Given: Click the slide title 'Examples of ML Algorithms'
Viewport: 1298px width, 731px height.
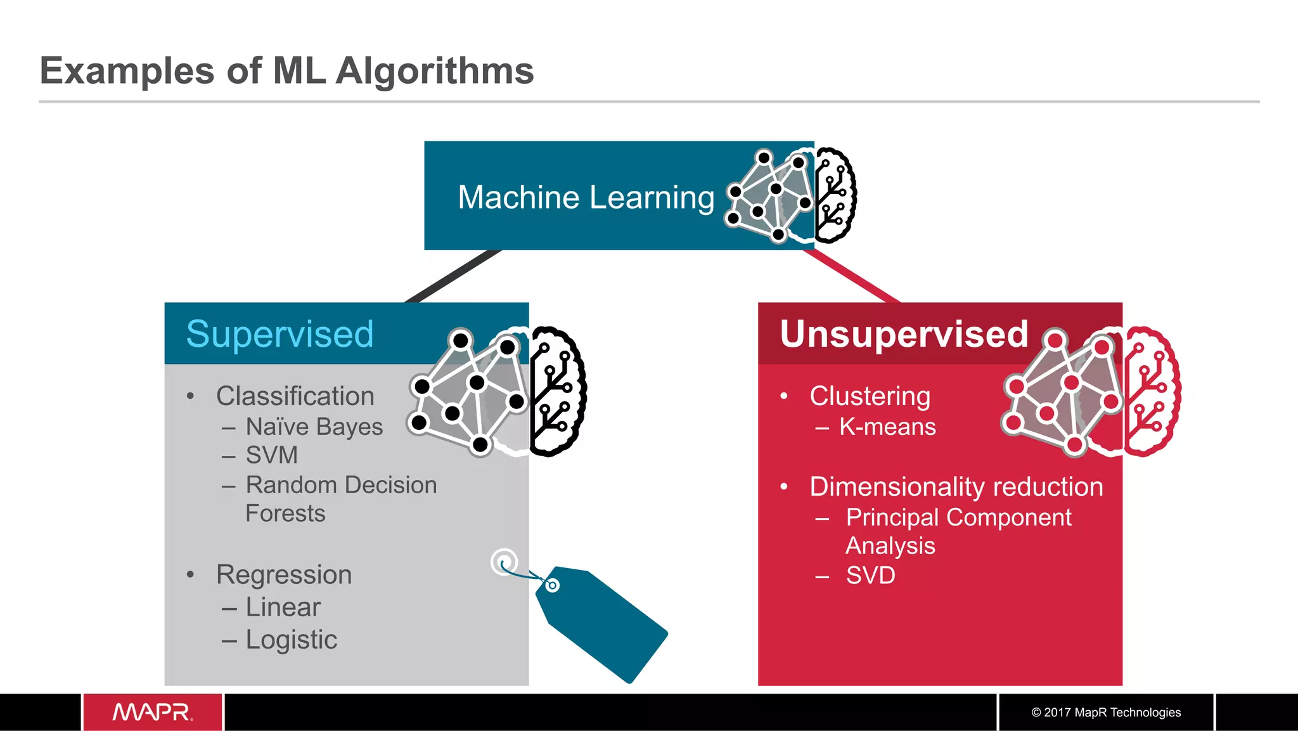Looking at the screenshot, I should pyautogui.click(x=286, y=70).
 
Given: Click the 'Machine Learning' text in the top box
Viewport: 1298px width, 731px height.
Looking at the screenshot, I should pyautogui.click(x=586, y=197).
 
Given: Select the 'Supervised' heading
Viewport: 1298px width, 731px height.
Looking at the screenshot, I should pyautogui.click(x=280, y=334).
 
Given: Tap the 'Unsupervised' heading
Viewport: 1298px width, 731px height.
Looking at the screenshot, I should pyautogui.click(x=903, y=334).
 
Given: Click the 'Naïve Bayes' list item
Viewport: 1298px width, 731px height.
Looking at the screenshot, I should pyautogui.click(x=314, y=427).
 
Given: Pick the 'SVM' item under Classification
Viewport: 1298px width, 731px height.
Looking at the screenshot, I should pyautogui.click(x=271, y=455).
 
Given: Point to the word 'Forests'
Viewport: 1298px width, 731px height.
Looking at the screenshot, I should pyautogui.click(x=285, y=514).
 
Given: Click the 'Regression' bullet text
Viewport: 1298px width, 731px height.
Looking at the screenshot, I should pyautogui.click(x=283, y=575).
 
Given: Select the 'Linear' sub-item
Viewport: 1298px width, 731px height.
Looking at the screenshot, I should pyautogui.click(x=283, y=607).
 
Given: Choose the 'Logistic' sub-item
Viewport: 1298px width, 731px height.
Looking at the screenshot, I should pyautogui.click(x=291, y=640).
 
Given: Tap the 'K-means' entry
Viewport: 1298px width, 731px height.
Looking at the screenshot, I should pyautogui.click(x=887, y=427).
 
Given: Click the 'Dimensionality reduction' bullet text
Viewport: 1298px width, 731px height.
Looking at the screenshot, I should pyautogui.click(x=956, y=487).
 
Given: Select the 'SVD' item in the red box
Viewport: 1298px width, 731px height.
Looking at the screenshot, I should pyautogui.click(x=870, y=576).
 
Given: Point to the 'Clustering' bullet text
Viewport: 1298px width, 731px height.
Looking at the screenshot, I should pyautogui.click(x=870, y=396).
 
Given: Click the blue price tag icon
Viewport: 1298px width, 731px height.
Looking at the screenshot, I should pyautogui.click(x=602, y=624).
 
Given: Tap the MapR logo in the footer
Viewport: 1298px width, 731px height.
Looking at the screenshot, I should pyautogui.click(x=152, y=712).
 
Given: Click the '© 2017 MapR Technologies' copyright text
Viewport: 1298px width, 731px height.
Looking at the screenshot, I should pyautogui.click(x=1105, y=713).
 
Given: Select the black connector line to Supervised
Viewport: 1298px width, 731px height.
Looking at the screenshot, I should pyautogui.click(x=453, y=276).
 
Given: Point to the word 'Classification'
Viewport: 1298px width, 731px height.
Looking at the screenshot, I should pyautogui.click(x=295, y=396).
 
